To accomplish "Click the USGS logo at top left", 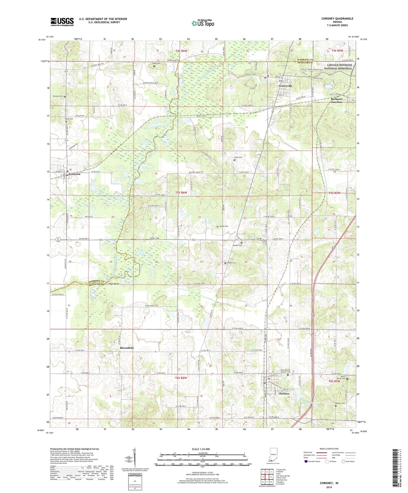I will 62,22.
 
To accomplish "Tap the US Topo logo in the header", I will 203,23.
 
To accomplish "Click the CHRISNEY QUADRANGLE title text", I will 337,19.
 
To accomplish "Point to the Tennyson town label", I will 74,174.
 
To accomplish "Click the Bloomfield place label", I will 127,348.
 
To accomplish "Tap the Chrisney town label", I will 284,394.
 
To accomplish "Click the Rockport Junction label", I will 336,101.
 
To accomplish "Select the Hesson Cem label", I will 224,226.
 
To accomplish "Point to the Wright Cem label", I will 231,263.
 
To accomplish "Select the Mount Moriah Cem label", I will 343,378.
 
